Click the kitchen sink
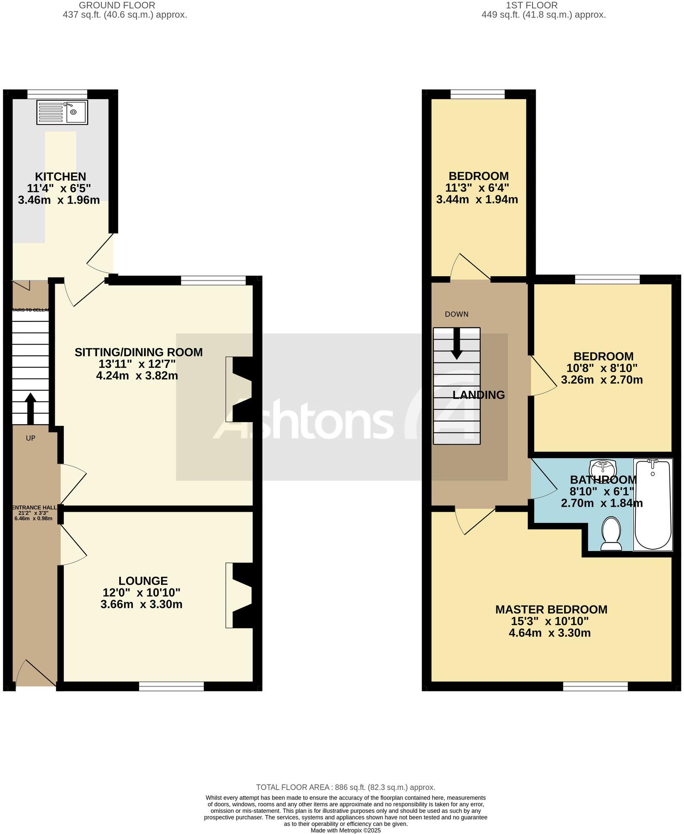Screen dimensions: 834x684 pos(62,112)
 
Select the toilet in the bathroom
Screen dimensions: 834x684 pos(611,533)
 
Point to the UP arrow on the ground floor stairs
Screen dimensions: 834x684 pos(31,408)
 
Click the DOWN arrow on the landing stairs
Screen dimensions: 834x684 pos(457,343)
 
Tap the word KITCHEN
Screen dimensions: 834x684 pos(60,177)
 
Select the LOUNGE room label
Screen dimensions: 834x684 pos(143,581)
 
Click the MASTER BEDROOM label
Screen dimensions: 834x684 pos(551,610)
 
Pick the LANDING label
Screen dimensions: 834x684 pos(479,395)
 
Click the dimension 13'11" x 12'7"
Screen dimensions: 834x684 pos(137,364)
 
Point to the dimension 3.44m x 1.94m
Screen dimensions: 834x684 pos(477,199)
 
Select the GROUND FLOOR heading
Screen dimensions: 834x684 pos(117,5)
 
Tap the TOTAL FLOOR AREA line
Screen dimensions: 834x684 pos(345,787)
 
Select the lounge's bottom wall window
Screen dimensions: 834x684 pos(171,686)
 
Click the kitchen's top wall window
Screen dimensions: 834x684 pos(57,94)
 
